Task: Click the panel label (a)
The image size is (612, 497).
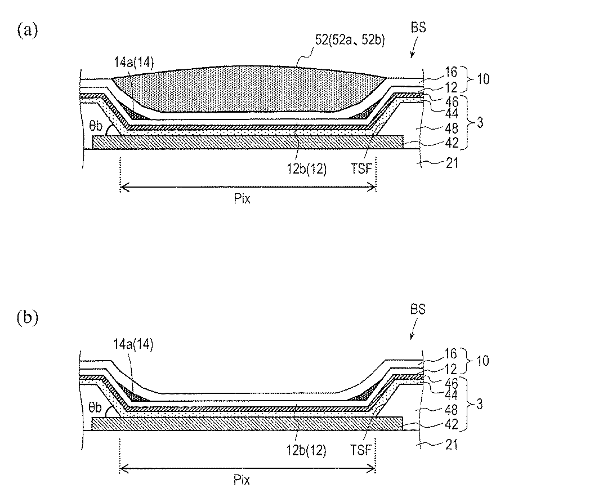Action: [x=28, y=30]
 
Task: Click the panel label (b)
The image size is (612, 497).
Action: [x=28, y=317]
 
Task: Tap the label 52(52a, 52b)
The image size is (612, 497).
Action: [x=350, y=40]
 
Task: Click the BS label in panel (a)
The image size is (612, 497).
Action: [x=418, y=28]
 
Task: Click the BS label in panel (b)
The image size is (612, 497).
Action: [x=418, y=309]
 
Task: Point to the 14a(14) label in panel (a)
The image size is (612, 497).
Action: [x=134, y=63]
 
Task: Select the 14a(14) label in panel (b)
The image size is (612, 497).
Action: [x=133, y=344]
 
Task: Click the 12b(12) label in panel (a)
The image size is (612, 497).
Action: [x=306, y=169]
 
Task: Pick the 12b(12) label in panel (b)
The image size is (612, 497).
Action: [x=306, y=450]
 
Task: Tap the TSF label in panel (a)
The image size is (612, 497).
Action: [x=361, y=168]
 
